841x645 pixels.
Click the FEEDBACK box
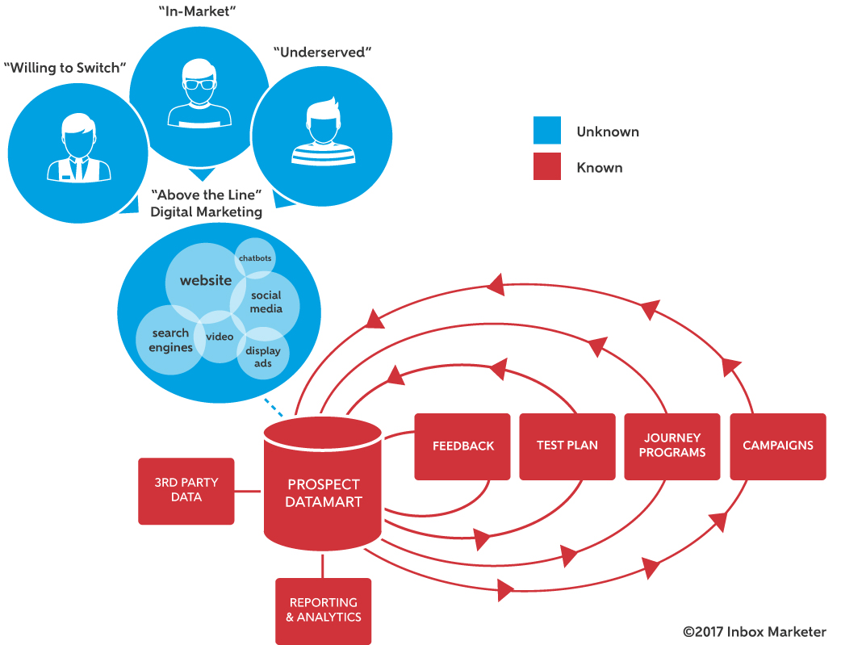coord(462,446)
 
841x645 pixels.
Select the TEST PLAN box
coord(567,446)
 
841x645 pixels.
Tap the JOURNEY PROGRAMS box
coord(672,446)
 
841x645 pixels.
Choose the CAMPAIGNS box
coord(777,446)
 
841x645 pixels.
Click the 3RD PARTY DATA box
coord(186,491)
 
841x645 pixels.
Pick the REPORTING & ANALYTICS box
coord(323,610)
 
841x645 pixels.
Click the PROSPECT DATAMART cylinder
coord(323,492)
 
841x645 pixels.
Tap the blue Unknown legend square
coord(547,131)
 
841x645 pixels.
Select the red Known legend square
coord(547,167)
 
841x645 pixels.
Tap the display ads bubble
coord(263,356)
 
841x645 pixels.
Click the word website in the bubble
coord(205,281)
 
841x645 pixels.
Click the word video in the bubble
coord(219,337)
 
